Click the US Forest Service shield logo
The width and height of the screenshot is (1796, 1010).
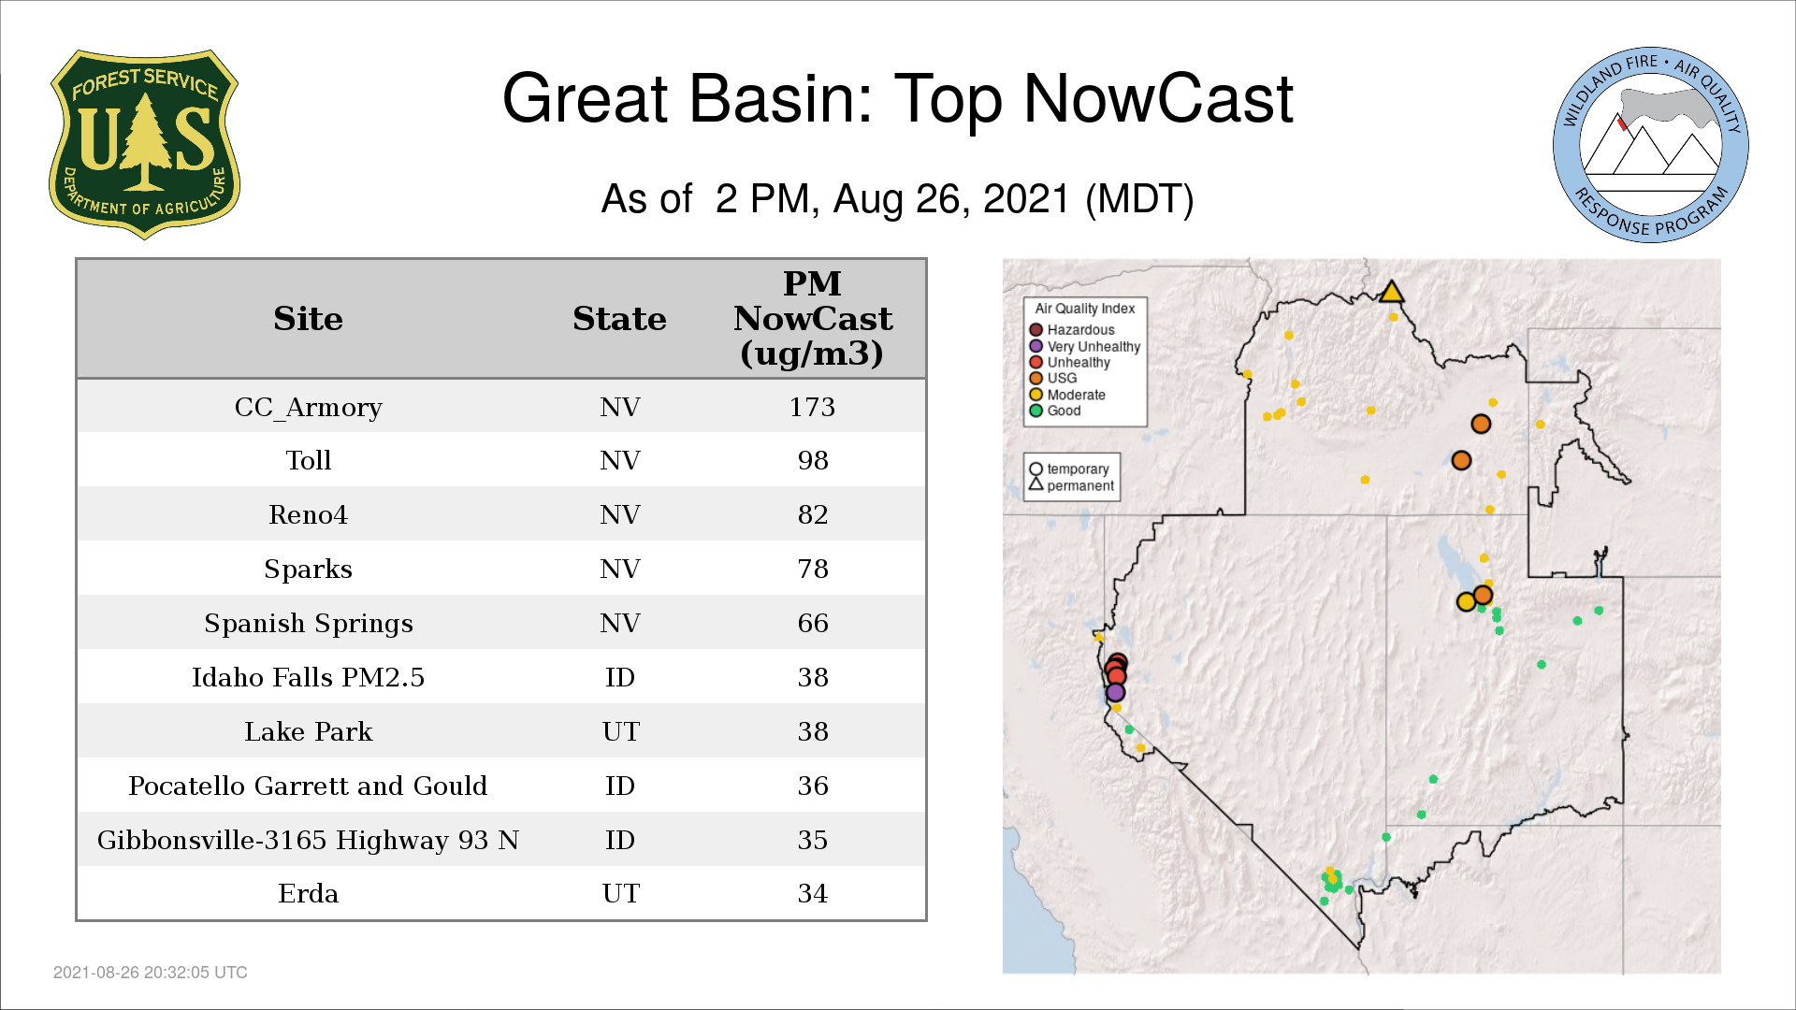144,145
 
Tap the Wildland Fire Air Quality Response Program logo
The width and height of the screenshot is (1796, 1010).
1650,145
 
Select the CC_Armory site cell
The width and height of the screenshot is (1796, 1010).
308,407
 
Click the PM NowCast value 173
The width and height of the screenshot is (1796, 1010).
812,407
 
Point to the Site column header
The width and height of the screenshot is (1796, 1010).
308,319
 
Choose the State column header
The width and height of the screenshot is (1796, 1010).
619,319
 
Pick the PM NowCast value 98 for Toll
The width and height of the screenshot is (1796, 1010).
813,460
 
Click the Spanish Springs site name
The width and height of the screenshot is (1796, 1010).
308,624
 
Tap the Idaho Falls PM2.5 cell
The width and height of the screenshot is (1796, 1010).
308,677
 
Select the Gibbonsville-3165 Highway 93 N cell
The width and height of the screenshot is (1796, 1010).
308,840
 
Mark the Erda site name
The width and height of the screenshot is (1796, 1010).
308,893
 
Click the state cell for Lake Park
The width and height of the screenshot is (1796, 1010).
620,731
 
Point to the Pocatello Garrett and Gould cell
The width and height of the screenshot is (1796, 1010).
308,786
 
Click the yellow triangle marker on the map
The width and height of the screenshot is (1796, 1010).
1392,292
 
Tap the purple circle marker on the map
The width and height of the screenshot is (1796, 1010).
1115,693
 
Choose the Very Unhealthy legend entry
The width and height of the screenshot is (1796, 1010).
1085,346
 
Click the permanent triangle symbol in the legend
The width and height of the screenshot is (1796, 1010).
1036,484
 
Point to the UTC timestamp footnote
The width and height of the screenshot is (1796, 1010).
151,973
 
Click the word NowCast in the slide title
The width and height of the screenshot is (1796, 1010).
1158,98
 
